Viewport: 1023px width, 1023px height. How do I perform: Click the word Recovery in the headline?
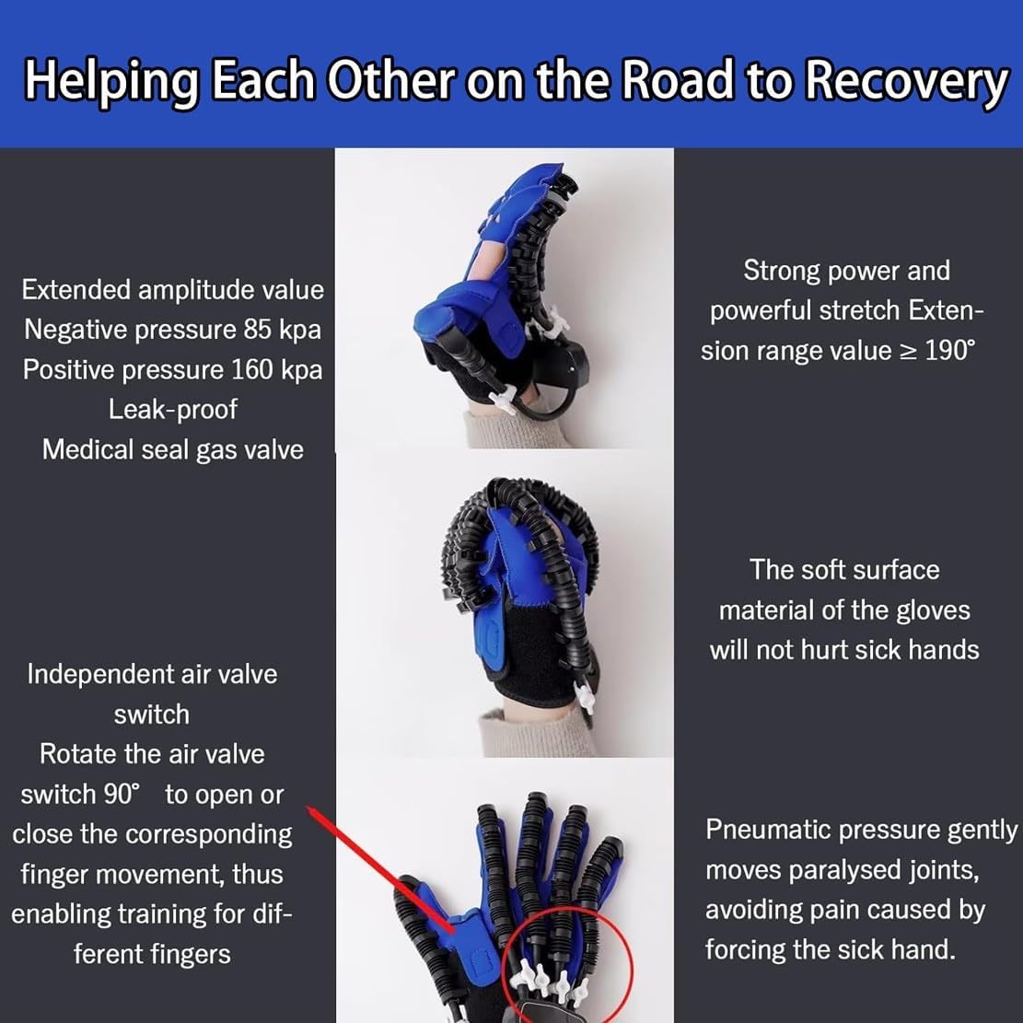(905, 81)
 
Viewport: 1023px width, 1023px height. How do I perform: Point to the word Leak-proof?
(173, 409)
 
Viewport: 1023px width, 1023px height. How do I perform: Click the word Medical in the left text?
(90, 449)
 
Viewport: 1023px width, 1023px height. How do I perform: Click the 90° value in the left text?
(121, 794)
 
